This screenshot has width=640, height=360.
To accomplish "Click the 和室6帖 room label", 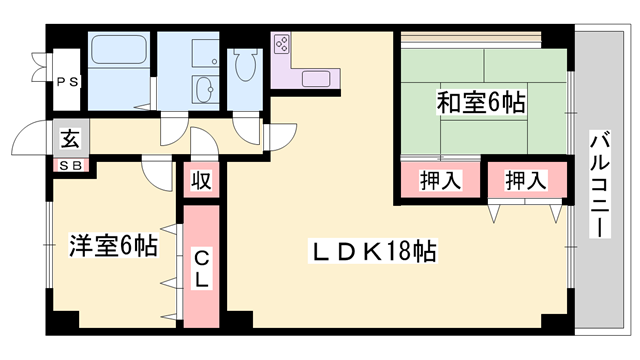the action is [x=481, y=101].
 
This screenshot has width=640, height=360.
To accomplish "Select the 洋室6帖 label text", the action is [x=113, y=246].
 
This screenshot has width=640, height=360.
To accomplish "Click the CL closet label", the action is [x=200, y=267].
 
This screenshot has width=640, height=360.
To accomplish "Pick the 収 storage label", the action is [x=200, y=181].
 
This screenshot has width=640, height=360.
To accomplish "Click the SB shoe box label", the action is [x=70, y=166].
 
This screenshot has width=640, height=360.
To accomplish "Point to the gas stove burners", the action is [x=282, y=45].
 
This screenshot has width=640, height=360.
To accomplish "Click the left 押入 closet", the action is [x=440, y=181].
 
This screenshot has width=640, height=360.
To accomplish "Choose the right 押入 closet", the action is [x=524, y=181].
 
